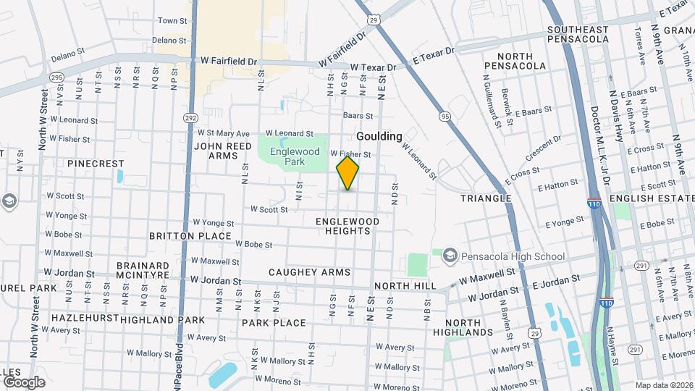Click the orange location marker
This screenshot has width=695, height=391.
point(348,173)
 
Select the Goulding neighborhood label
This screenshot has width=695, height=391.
point(379,136)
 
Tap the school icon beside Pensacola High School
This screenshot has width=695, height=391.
point(450,255)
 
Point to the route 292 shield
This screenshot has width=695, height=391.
point(190,117)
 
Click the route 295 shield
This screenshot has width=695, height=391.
point(56,77)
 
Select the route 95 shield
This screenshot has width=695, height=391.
point(444,116)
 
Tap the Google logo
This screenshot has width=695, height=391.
point(24,382)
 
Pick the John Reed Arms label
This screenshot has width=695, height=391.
point(223,151)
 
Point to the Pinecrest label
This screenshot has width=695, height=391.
point(96,164)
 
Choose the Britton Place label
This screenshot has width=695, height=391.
point(190,236)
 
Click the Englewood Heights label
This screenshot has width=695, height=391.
point(347,225)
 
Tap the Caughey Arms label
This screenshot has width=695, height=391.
point(309,272)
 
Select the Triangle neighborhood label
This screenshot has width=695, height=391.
point(486,198)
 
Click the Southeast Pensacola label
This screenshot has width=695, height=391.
point(578,34)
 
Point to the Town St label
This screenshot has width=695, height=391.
point(172,21)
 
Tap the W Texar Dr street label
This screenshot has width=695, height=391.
point(373,67)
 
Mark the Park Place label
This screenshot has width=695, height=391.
point(274,322)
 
